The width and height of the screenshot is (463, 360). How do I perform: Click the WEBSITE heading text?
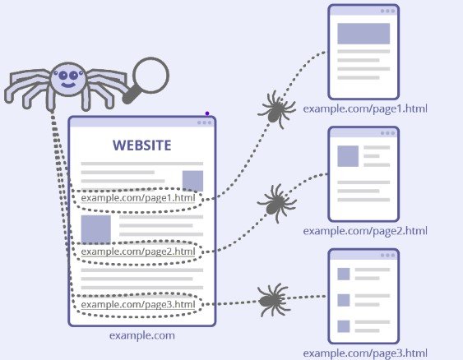tap(141, 145)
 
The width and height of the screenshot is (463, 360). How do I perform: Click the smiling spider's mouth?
tap(68, 85)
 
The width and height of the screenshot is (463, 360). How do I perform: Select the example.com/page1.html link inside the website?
tap(138, 198)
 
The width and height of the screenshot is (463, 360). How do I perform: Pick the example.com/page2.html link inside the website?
tap(138, 252)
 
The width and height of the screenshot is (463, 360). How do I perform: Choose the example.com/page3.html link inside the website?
tap(138, 304)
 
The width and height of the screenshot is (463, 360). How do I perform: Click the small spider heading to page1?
tap(276, 110)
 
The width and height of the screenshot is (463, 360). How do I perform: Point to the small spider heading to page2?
tap(276, 203)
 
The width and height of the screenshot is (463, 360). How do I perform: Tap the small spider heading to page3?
tap(273, 300)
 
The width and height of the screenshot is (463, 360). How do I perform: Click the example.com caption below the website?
tap(142, 335)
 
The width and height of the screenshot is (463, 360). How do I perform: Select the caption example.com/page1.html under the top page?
tap(365, 108)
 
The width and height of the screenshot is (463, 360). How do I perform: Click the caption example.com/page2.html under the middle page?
tap(365, 231)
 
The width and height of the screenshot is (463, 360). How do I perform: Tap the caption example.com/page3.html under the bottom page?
tap(365, 353)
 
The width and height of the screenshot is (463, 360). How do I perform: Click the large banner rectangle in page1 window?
tap(363, 34)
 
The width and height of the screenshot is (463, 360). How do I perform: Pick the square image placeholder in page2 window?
tap(348, 156)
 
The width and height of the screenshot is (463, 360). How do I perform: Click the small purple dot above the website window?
tap(207, 113)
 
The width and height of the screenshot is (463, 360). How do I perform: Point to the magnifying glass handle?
tap(132, 95)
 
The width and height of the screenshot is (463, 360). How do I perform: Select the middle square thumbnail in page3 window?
tap(344, 300)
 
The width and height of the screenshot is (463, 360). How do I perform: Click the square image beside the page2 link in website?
tap(96, 229)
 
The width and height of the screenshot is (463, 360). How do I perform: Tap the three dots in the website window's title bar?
tap(204, 122)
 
